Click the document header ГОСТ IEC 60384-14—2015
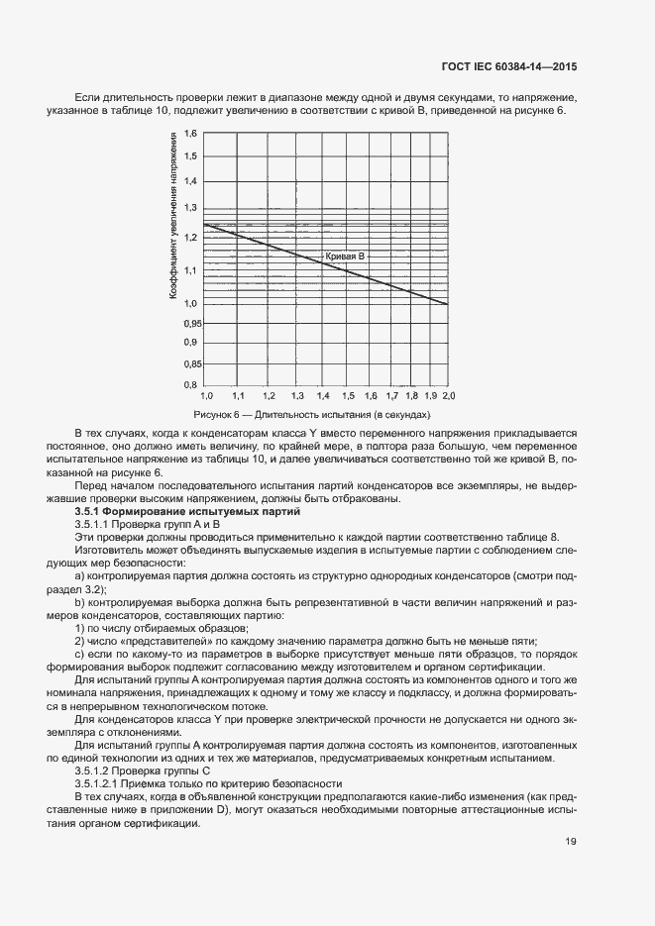(508, 67)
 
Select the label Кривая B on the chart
(346, 257)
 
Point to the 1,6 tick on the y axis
(191, 133)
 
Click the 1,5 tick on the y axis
(191, 156)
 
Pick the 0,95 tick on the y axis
(189, 324)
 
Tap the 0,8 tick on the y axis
(191, 384)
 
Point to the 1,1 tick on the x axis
(238, 395)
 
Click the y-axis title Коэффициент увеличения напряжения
(173, 220)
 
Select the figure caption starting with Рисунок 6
(313, 415)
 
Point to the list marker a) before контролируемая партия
(80, 575)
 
